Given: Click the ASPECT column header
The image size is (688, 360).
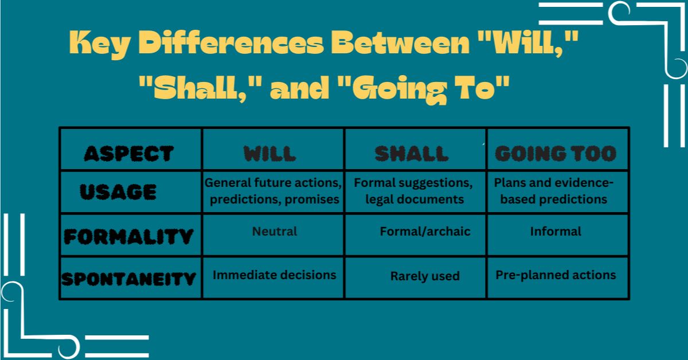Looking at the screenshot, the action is pos(128,153).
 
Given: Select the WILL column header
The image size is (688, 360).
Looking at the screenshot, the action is pos(269,153).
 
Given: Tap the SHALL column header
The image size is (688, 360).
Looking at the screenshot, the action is pos(412,153).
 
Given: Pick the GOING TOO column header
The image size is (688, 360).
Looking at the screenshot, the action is pos(556,153).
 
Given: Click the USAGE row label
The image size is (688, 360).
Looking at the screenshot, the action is pos(118,191).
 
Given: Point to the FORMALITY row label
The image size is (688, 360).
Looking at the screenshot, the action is pos(128,236).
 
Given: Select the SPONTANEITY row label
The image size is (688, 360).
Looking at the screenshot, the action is pos(128,279).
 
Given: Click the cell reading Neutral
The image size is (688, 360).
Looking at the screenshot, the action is pos(275,231).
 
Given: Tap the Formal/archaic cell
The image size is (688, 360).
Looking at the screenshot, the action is pos(425,231).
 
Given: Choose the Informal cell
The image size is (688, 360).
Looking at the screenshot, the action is pos(556,231).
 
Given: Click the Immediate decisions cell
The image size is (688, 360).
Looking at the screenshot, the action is pos(275,275).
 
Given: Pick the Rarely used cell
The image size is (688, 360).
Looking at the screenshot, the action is pos(425,276).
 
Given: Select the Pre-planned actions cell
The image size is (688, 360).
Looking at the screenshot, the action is pos(556,275).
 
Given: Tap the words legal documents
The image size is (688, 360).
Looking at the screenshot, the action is pos(415,199).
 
